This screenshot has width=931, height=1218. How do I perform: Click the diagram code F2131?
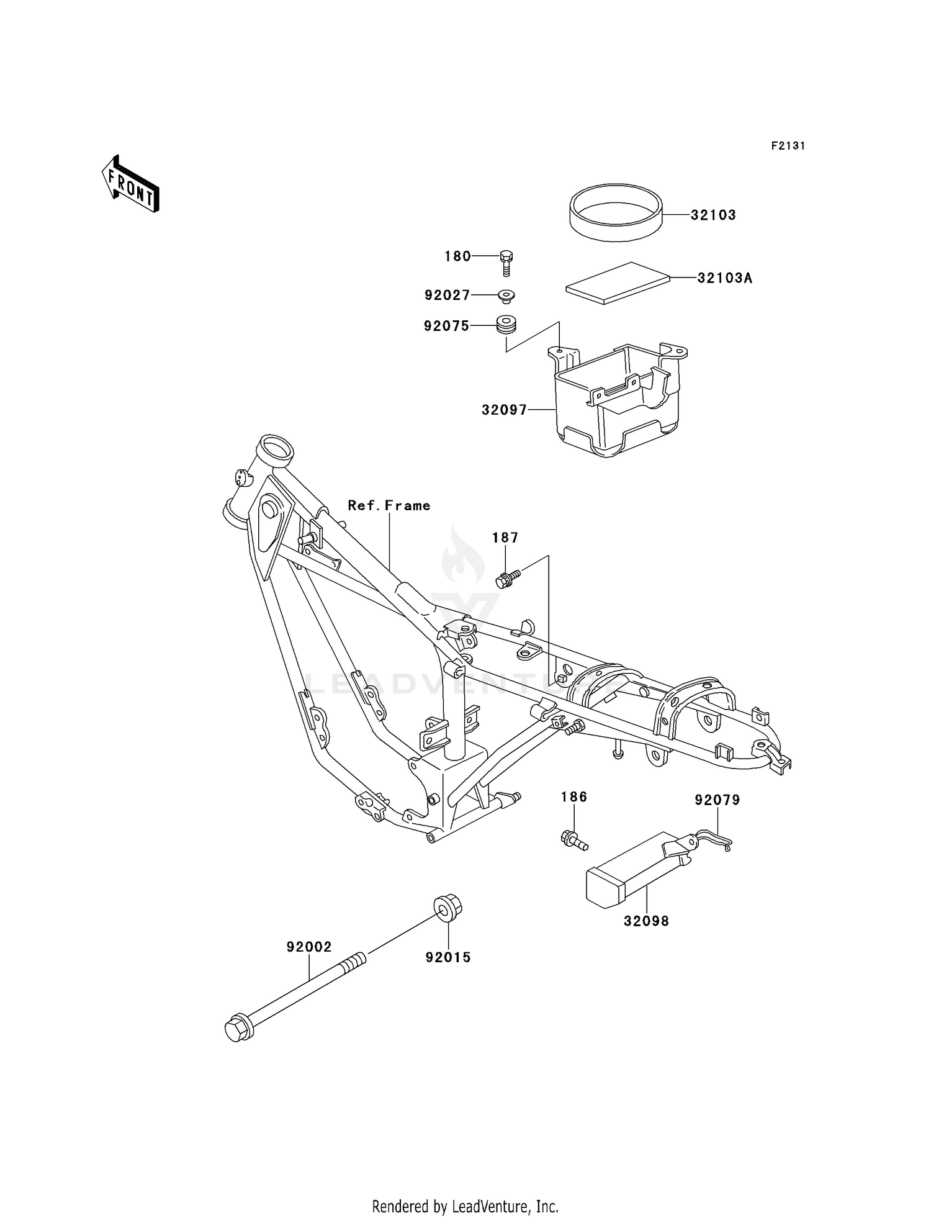788,146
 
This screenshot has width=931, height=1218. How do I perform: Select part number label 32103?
713,215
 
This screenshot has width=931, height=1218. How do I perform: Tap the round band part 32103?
616,212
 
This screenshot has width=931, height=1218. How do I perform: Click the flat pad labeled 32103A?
618,283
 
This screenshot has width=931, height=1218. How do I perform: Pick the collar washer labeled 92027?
506,296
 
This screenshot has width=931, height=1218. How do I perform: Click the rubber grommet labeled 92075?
506,325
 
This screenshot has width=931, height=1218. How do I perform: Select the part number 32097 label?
504,410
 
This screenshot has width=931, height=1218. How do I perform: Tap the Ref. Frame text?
389,506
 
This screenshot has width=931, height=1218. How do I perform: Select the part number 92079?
717,800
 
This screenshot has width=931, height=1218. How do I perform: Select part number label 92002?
308,947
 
